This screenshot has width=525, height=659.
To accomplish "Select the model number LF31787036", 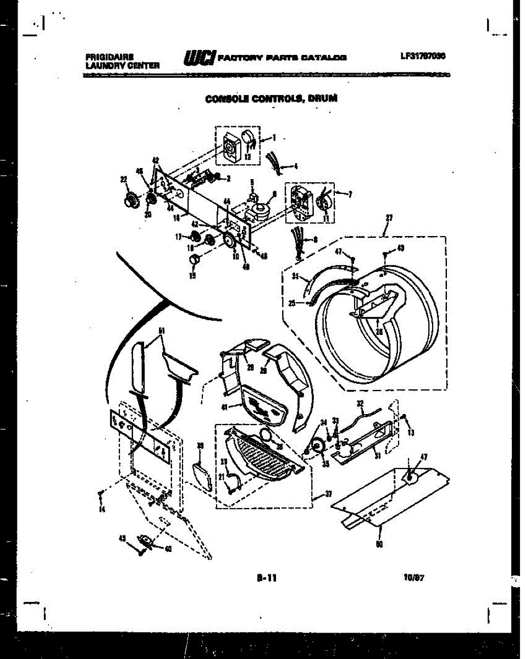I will click(423, 55).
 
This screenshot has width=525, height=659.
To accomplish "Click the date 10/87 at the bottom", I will click(415, 577).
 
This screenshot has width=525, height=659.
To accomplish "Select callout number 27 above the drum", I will click(389, 218).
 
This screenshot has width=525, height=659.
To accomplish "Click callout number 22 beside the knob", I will click(123, 178).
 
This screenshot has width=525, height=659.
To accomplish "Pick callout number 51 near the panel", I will click(162, 331).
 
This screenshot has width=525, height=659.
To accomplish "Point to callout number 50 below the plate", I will click(379, 544).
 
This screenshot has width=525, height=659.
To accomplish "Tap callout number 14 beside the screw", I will click(101, 509).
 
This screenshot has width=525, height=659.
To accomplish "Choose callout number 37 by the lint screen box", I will click(328, 494).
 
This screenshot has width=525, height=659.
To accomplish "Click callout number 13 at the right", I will click(412, 433).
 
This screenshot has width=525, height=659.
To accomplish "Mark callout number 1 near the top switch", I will click(274, 137).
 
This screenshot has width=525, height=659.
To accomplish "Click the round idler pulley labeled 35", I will click(318, 445).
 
